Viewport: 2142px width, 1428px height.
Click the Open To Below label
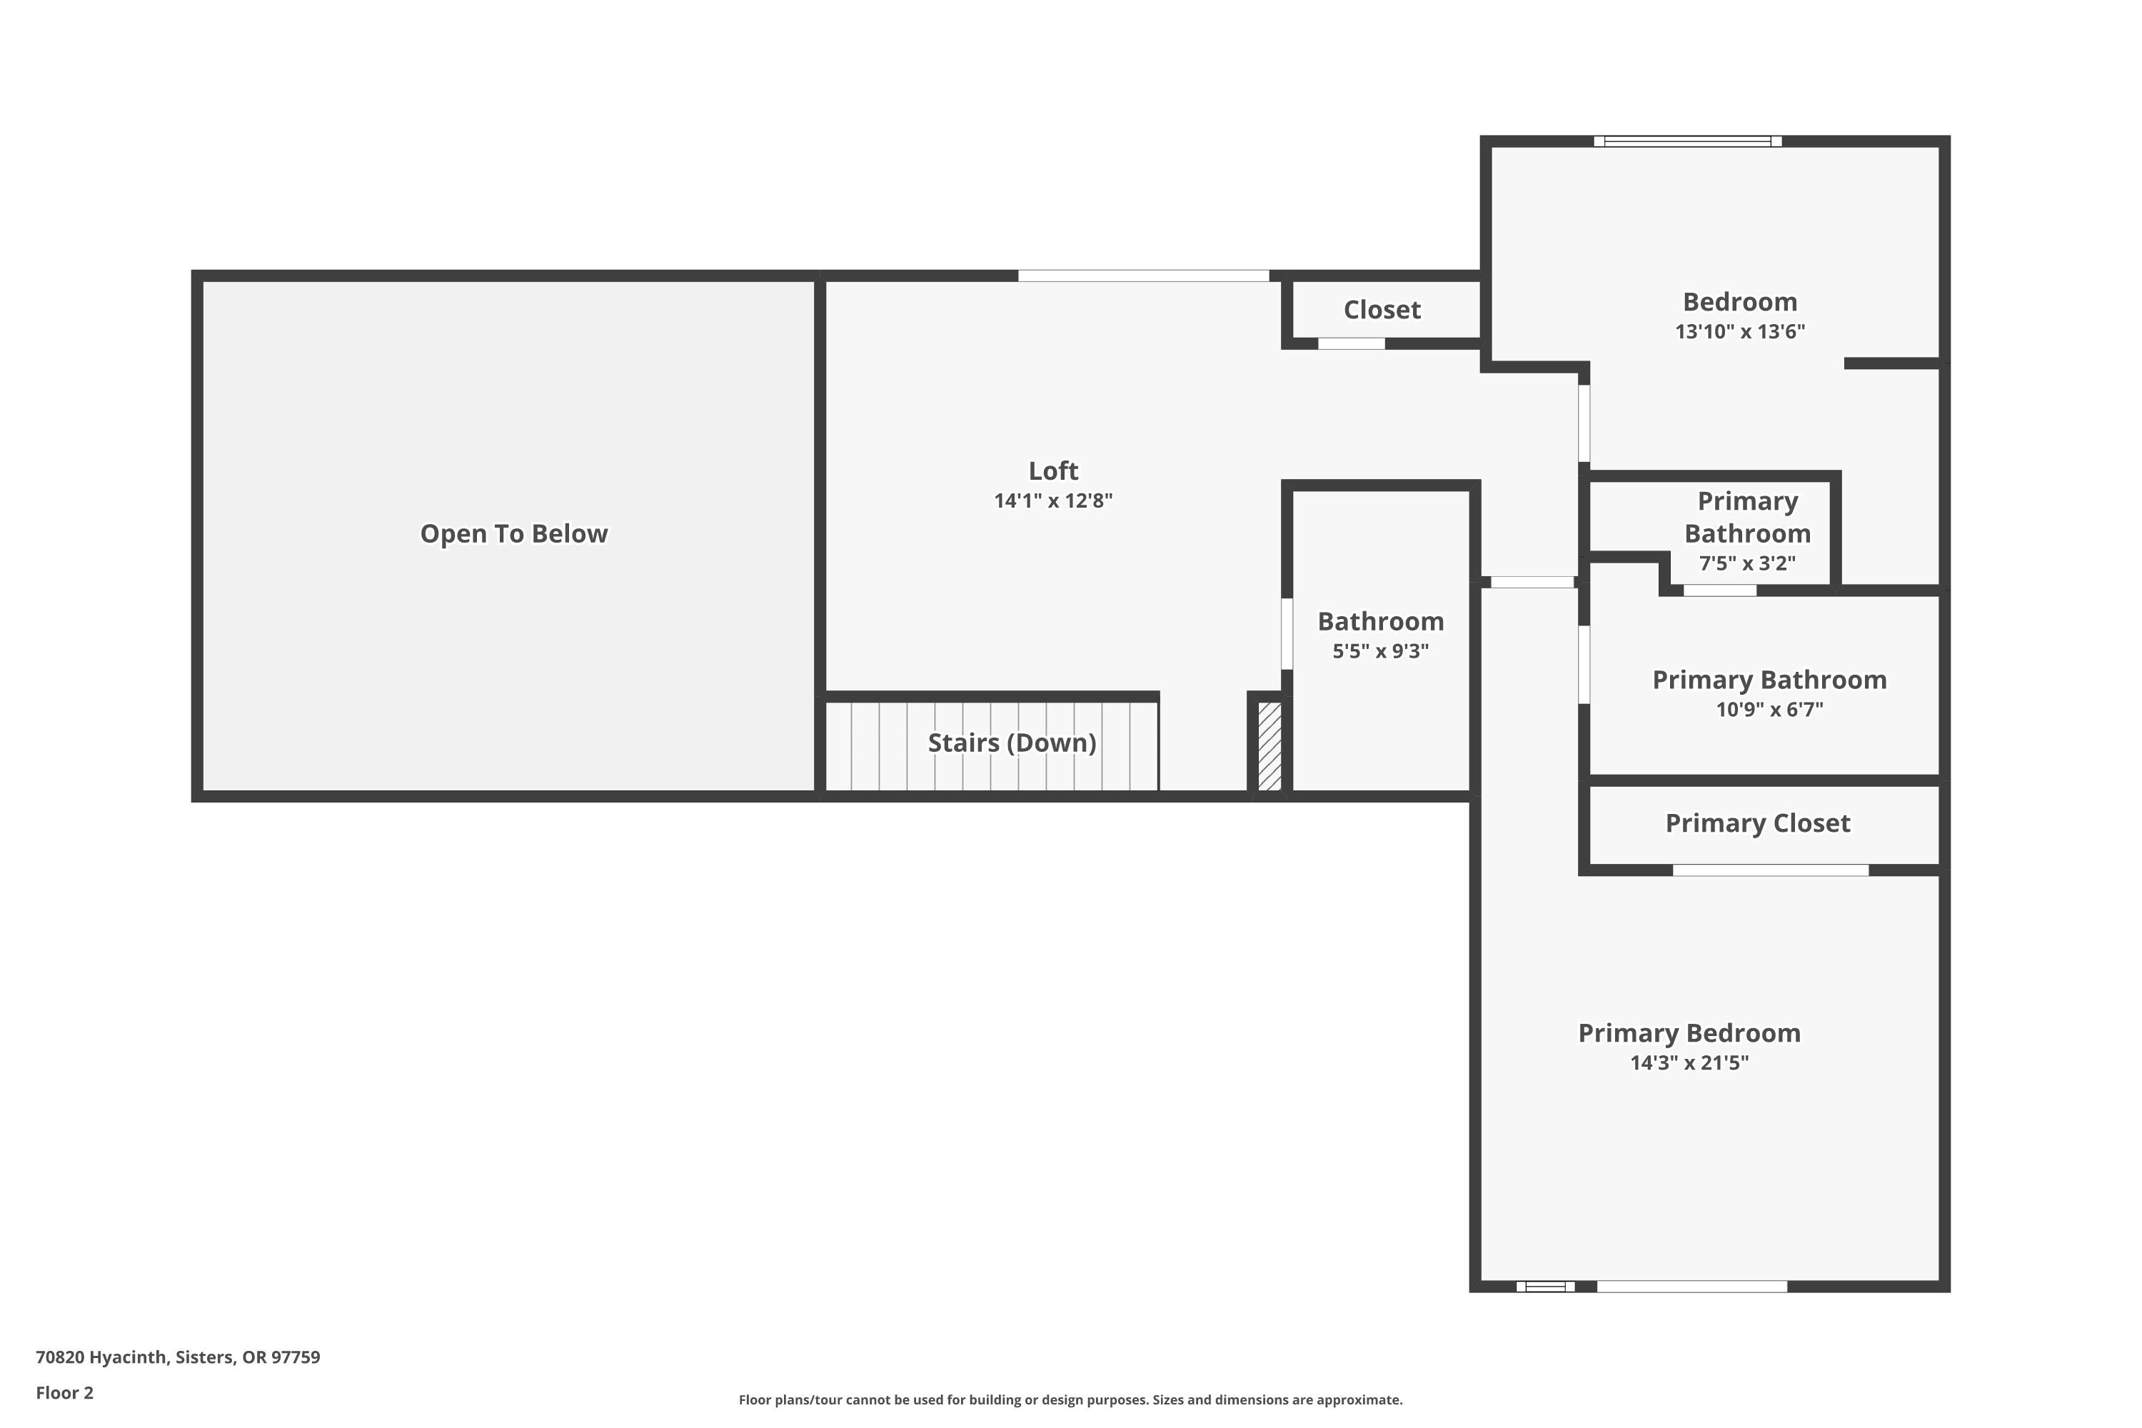click(x=513, y=533)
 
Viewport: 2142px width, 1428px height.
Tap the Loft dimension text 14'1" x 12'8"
click(x=1052, y=501)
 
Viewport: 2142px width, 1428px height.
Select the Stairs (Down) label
click(x=1012, y=743)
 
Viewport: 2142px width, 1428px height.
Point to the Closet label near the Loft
click(x=1382, y=310)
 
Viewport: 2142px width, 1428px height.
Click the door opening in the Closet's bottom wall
click(x=1352, y=343)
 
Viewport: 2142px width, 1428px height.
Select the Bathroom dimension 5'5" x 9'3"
click(x=1379, y=651)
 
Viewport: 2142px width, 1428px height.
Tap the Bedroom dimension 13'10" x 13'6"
click(x=1739, y=331)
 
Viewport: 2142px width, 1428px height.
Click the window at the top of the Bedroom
click(x=1688, y=141)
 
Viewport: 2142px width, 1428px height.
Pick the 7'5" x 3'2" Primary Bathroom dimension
click(x=1746, y=564)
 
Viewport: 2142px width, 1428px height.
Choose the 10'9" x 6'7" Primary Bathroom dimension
click(x=1769, y=710)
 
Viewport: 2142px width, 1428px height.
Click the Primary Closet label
click(x=1756, y=823)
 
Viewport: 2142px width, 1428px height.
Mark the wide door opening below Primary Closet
click(x=1771, y=870)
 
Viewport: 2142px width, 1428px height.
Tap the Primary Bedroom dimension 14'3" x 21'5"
click(x=1689, y=1063)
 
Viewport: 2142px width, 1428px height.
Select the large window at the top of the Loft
click(x=1143, y=276)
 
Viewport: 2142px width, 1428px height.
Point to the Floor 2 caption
click(x=65, y=1392)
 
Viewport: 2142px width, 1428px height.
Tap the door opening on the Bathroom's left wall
click(x=1287, y=634)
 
